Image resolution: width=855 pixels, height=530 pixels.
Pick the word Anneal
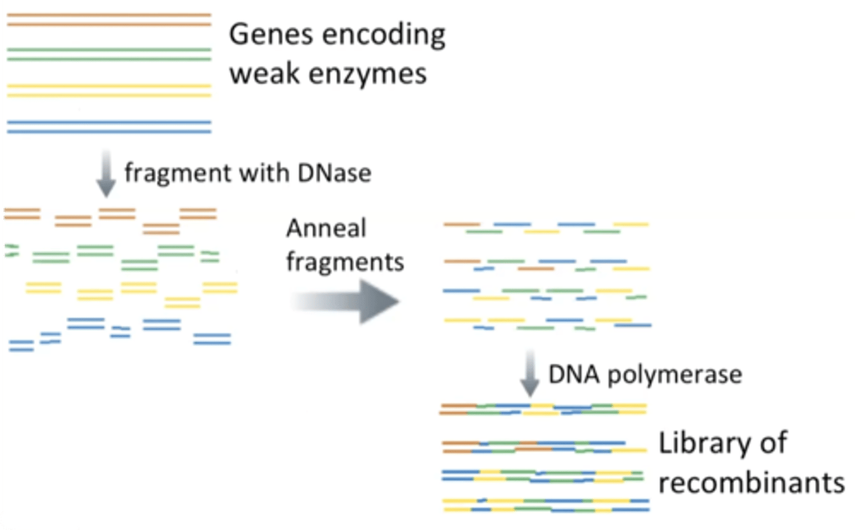[326, 229]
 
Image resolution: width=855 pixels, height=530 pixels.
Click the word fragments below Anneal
[345, 262]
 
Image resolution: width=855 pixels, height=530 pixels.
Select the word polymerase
[674, 375]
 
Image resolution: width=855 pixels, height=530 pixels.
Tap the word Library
[702, 444]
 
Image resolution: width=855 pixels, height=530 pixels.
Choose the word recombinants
[752, 482]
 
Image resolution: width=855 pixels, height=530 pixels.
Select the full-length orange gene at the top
[109, 19]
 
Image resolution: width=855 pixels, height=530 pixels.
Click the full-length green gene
[109, 55]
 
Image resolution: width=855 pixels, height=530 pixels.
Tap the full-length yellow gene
[109, 90]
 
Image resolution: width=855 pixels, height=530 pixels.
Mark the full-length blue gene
[109, 127]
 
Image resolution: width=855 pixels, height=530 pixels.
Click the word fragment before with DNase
[178, 173]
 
